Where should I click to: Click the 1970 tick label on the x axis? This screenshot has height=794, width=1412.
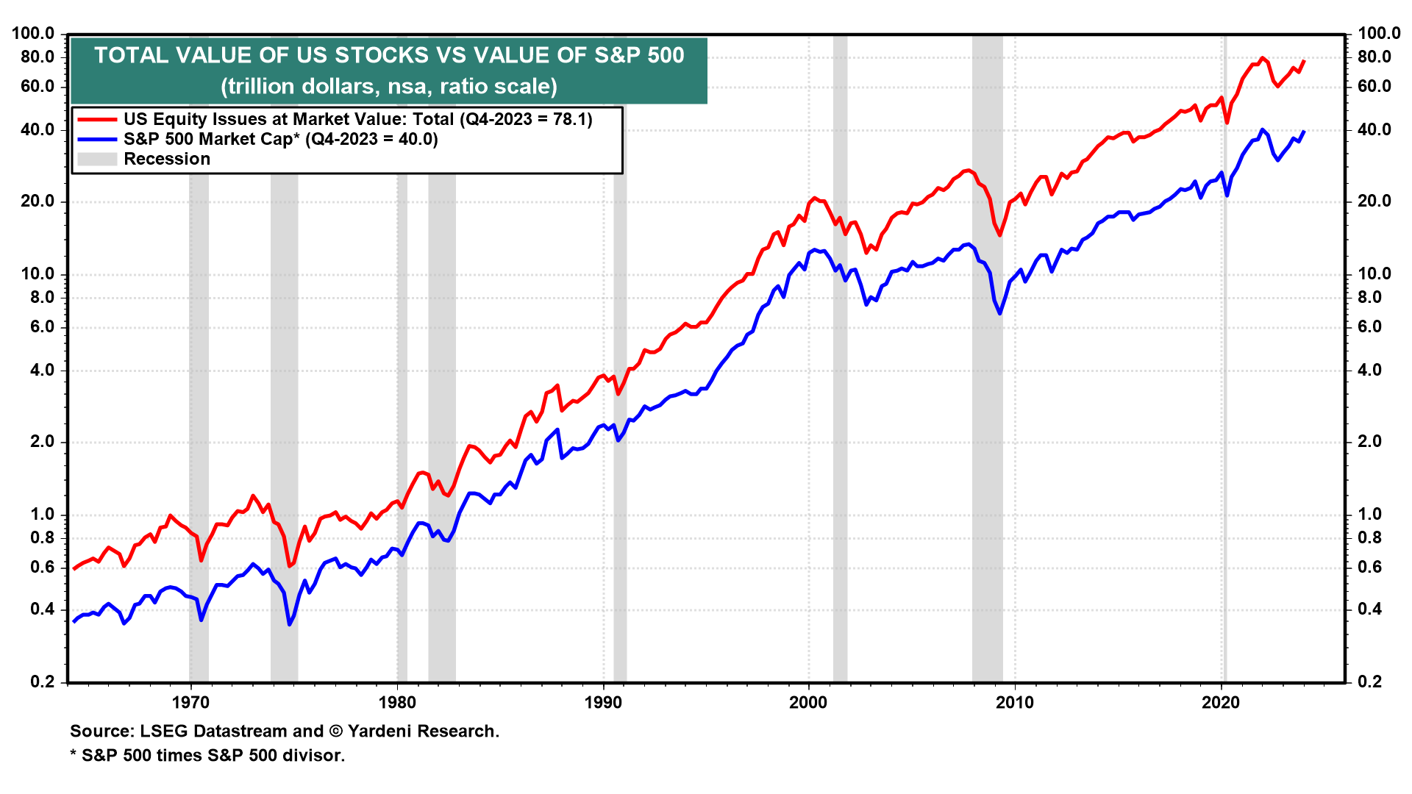[x=190, y=703]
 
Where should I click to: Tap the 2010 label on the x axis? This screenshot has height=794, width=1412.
[x=1014, y=703]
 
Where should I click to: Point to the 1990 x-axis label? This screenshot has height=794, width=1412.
[x=603, y=703]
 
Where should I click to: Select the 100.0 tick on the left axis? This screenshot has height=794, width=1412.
[x=33, y=34]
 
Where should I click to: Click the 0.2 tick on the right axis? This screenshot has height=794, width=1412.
[x=1369, y=682]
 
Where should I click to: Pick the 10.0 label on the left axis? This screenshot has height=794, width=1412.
[x=37, y=274]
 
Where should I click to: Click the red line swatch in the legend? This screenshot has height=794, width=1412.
[x=97, y=119]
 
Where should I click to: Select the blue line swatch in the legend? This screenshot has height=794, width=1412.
[x=97, y=139]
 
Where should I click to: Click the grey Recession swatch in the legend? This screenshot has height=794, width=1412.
[x=97, y=159]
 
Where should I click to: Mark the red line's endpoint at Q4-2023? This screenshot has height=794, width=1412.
[x=1303, y=61]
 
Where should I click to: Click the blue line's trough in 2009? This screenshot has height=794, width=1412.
[x=999, y=314]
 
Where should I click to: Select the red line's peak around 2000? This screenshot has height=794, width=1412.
[x=814, y=198]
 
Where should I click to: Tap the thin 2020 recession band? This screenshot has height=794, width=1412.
[x=1224, y=368]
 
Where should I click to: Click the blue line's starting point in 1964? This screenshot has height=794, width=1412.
[x=74, y=622]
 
